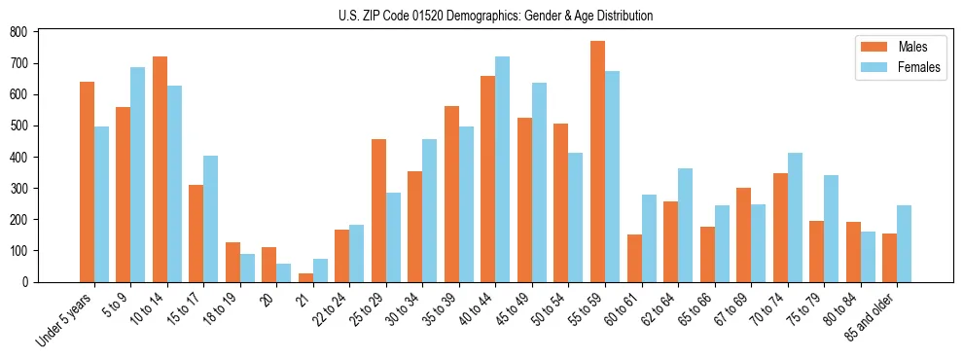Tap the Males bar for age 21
click(305, 277)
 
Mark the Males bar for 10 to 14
click(160, 169)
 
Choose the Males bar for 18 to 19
click(232, 262)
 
